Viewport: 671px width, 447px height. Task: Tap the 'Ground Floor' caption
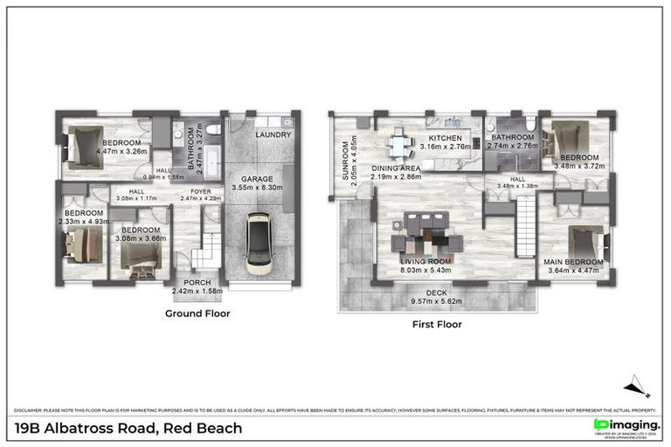(x=197, y=313)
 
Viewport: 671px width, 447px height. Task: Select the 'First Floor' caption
(x=436, y=324)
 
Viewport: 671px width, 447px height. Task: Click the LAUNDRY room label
(x=273, y=135)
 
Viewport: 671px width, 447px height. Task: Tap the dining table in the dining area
(x=398, y=143)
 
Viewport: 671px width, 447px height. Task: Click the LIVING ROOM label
(x=425, y=261)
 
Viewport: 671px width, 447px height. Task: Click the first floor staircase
(x=524, y=225)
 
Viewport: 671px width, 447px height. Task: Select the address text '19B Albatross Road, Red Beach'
(x=128, y=428)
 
